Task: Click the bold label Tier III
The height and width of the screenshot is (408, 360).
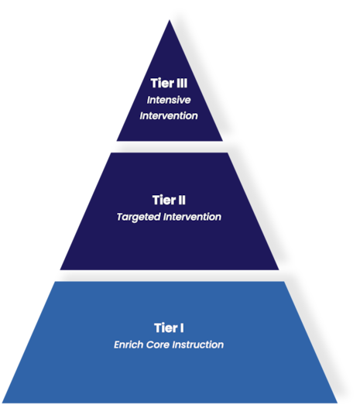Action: (169, 84)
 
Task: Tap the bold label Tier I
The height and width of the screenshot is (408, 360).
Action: (169, 328)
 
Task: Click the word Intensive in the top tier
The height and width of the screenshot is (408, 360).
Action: (170, 100)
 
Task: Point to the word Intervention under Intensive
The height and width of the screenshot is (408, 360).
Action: (169, 116)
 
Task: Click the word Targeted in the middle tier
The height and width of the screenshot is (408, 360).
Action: (138, 218)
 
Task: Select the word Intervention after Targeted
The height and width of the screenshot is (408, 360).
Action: (192, 218)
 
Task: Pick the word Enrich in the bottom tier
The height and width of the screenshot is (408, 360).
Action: (129, 345)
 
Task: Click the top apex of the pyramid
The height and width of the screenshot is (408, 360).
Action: (169, 19)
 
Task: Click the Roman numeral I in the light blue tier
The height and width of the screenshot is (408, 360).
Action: (182, 328)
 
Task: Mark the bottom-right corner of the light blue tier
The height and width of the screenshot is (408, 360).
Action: (338, 403)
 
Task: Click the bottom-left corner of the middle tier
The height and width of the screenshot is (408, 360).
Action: (60, 269)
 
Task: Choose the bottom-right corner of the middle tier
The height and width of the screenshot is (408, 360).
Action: (279, 269)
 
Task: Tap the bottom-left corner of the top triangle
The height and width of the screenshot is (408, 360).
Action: (115, 141)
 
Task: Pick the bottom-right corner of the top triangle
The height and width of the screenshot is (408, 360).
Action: (223, 141)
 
